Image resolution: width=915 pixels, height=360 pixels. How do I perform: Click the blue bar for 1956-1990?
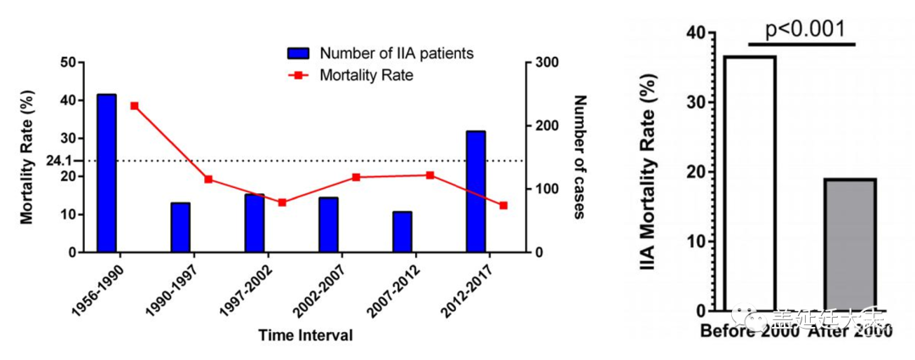tap(107, 173)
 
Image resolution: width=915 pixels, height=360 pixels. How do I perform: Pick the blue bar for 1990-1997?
tap(180, 227)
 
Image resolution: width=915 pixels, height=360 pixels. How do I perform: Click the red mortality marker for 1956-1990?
tap(135, 106)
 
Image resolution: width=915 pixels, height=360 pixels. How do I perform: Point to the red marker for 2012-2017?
tap(503, 205)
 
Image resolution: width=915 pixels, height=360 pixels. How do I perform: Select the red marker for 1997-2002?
tap(282, 202)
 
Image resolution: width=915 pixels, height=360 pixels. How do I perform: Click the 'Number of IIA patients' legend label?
tap(396, 53)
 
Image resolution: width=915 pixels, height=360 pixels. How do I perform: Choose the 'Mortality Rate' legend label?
tap(366, 75)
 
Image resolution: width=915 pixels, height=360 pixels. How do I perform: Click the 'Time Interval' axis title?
tap(306, 335)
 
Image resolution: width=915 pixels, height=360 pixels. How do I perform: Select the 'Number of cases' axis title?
tap(580, 157)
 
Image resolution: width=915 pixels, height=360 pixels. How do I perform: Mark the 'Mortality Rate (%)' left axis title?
tap(27, 157)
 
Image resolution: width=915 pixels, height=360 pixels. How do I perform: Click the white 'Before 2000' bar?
tap(750, 183)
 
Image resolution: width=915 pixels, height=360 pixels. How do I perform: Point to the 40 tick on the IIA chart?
tap(695, 33)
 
